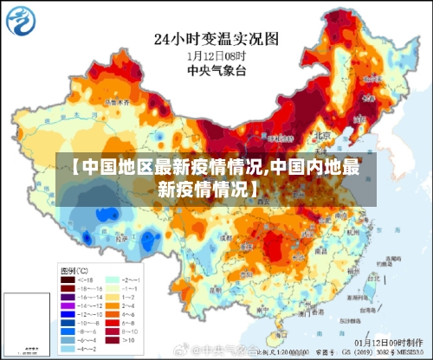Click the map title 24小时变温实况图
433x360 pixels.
216,38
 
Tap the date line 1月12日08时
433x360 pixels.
216,56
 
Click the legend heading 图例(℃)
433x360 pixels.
74,270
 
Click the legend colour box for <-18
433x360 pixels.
67,280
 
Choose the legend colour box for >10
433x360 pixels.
112,341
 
